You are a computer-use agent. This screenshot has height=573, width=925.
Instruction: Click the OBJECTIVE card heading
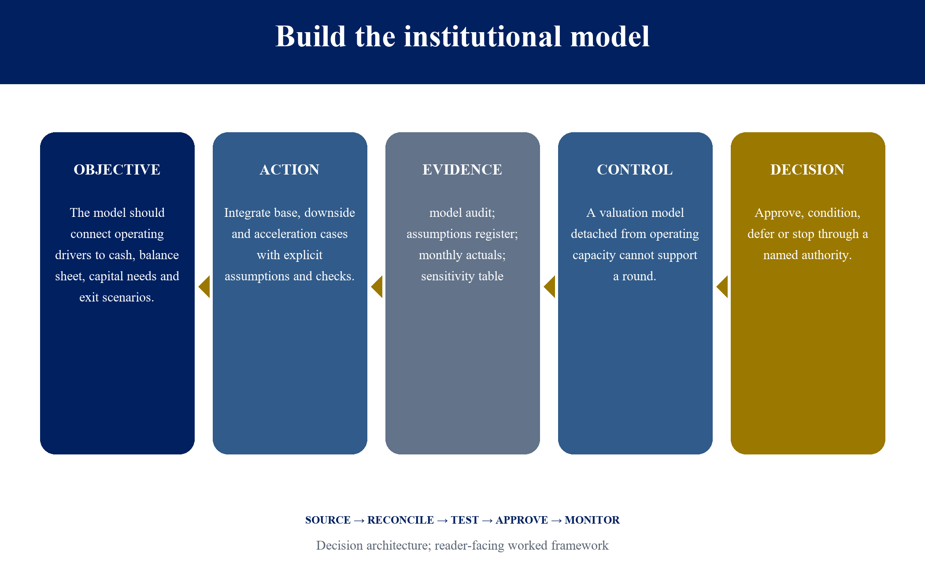click(x=117, y=170)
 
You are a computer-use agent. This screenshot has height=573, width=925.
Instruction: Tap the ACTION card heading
click(x=290, y=170)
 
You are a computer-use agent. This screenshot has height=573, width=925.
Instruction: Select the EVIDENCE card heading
click(x=462, y=170)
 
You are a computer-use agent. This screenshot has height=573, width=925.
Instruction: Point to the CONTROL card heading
click(x=635, y=170)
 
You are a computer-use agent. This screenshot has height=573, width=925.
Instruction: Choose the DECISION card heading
click(x=808, y=170)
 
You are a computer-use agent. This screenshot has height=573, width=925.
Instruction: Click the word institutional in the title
click(x=483, y=36)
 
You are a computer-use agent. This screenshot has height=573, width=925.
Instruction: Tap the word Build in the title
click(x=311, y=36)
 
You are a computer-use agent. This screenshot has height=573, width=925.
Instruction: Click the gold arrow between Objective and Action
click(x=204, y=287)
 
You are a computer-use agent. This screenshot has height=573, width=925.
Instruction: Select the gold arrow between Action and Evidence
click(x=377, y=287)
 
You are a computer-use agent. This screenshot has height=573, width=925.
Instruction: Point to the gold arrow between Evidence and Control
click(x=549, y=287)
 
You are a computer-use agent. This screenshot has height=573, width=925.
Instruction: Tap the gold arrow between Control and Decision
click(x=722, y=287)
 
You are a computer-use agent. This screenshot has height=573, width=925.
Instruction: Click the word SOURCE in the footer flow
click(x=328, y=520)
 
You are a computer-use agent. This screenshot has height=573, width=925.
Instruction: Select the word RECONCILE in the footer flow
click(x=401, y=520)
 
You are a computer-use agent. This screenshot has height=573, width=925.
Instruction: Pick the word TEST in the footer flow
click(x=465, y=520)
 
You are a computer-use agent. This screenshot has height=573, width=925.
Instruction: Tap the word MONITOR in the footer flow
click(x=592, y=520)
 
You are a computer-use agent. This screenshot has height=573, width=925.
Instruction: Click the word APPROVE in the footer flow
click(x=522, y=520)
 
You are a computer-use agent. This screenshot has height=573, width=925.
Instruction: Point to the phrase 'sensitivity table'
click(x=462, y=276)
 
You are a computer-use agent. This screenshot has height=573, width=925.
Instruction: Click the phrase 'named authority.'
click(x=808, y=255)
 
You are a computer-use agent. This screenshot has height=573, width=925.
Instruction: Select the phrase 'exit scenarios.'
click(x=117, y=298)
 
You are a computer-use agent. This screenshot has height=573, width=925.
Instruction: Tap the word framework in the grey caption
click(x=580, y=546)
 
